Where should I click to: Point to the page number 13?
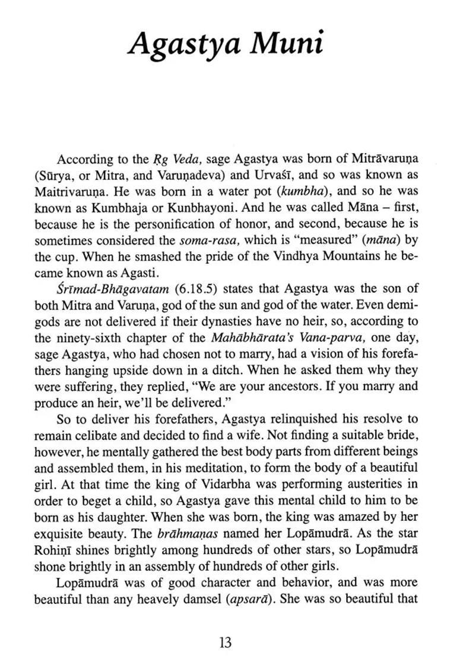click(225, 642)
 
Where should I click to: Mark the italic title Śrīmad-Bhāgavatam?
click(102, 290)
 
